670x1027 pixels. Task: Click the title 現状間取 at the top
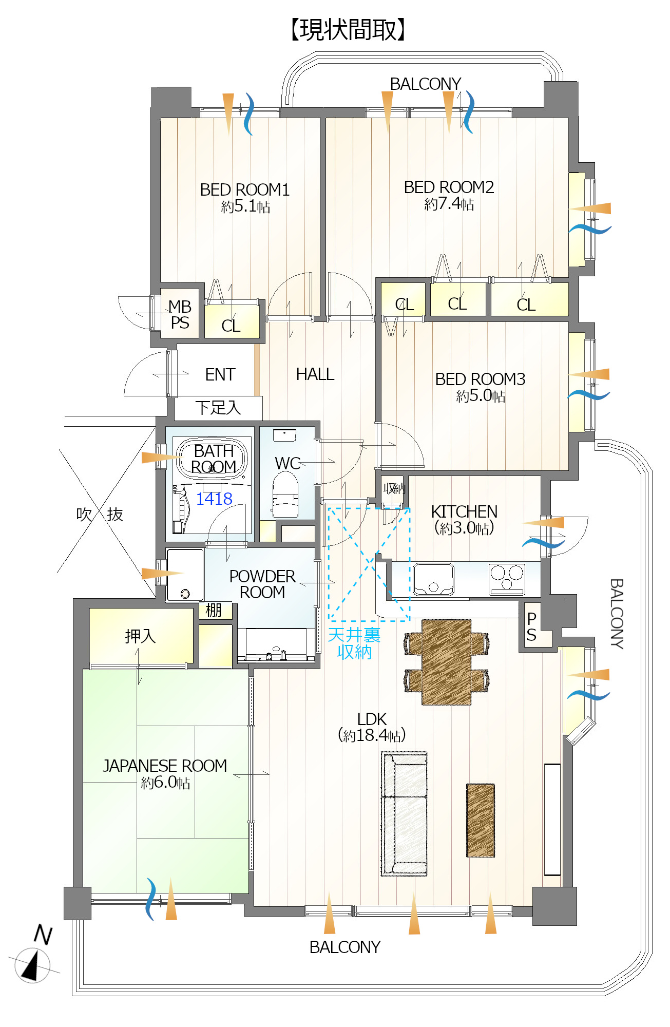(x=348, y=30)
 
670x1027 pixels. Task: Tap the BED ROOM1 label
(x=245, y=190)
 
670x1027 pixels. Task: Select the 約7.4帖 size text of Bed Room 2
(x=449, y=204)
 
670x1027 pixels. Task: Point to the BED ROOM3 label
(x=480, y=379)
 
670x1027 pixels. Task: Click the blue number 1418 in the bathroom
(x=214, y=499)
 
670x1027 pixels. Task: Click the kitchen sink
(x=433, y=579)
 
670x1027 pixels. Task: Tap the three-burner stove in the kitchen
(x=507, y=579)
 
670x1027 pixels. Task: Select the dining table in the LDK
(x=447, y=662)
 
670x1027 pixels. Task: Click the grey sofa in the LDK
(x=405, y=813)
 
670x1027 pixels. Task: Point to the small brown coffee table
(x=481, y=820)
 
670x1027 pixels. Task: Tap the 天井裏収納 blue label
(x=354, y=643)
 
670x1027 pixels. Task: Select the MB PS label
(x=180, y=315)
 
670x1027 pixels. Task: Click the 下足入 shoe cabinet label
(x=218, y=408)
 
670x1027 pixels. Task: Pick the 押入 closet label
(x=140, y=636)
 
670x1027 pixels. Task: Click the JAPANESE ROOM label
(x=165, y=766)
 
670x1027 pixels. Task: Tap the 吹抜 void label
(x=100, y=514)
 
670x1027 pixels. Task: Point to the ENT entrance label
(x=220, y=375)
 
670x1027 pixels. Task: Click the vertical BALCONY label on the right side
(x=617, y=614)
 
